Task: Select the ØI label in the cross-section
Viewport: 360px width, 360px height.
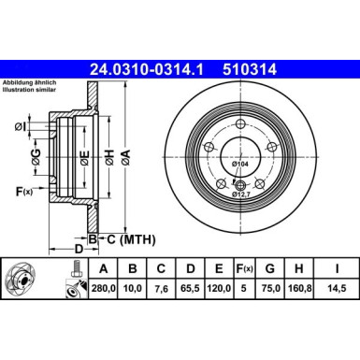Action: click(x=20, y=127)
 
